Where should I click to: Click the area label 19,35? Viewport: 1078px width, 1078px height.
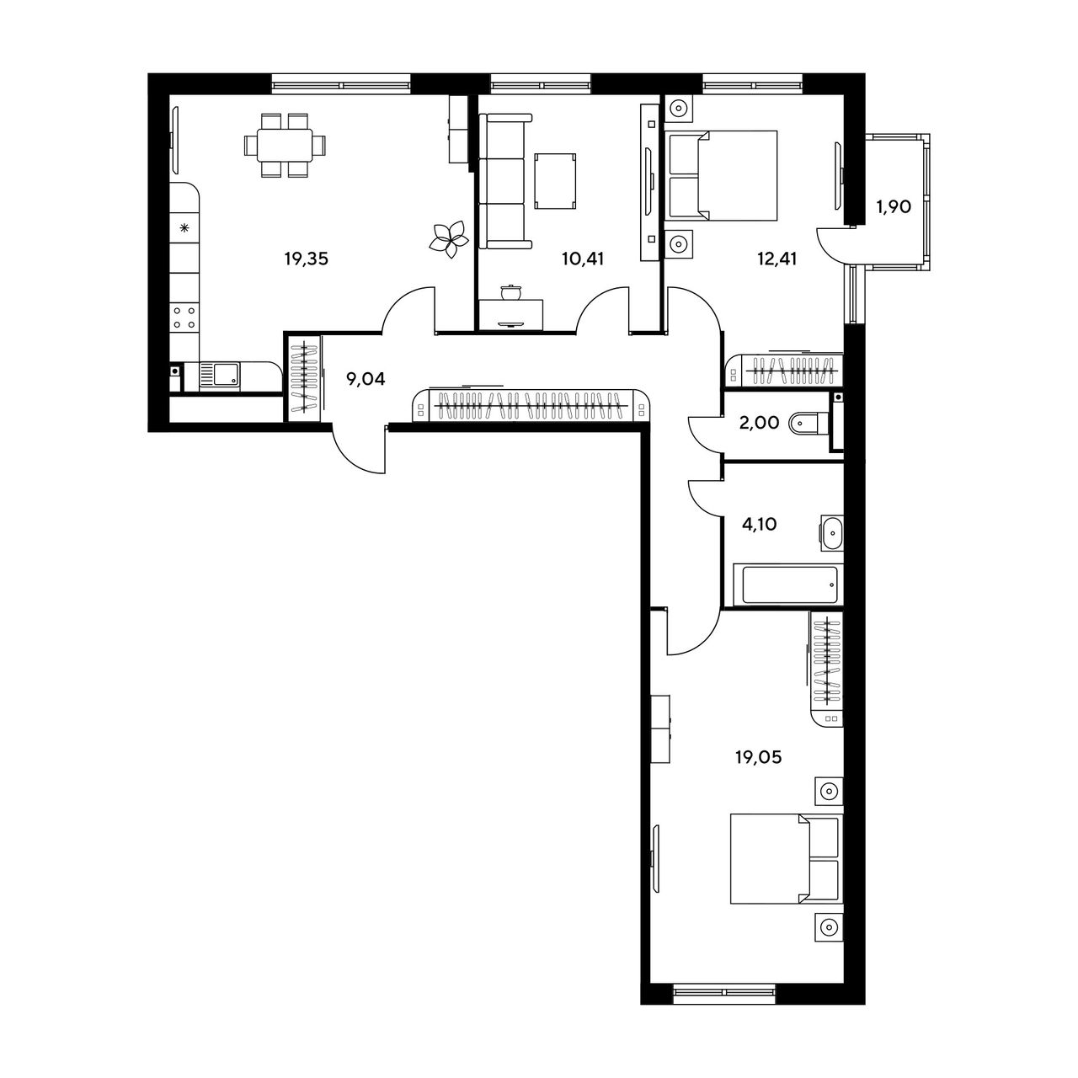coord(306,259)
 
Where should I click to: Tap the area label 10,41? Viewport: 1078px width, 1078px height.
coord(584,259)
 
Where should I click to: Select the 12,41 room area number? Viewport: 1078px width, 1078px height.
coord(777,259)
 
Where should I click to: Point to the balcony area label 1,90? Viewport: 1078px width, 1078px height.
coord(894,207)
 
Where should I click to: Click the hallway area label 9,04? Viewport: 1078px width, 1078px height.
coord(366,379)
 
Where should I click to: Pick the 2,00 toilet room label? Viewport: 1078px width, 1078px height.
coord(759,423)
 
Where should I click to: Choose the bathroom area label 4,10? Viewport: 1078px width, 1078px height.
coord(760,525)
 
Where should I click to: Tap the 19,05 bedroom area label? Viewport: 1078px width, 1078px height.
coord(758,757)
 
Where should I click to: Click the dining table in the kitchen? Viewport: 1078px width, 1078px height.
coord(286,146)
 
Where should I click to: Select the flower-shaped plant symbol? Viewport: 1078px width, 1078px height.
coord(449,239)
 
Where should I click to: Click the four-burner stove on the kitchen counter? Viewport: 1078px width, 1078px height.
coord(184,318)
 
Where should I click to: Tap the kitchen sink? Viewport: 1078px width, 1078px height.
coord(219,376)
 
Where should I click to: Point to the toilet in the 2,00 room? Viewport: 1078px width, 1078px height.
coord(808,423)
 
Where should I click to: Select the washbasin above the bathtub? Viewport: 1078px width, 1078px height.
coord(832,533)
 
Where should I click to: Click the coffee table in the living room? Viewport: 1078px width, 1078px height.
coord(555,181)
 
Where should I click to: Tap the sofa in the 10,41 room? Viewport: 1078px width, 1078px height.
coord(505,181)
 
